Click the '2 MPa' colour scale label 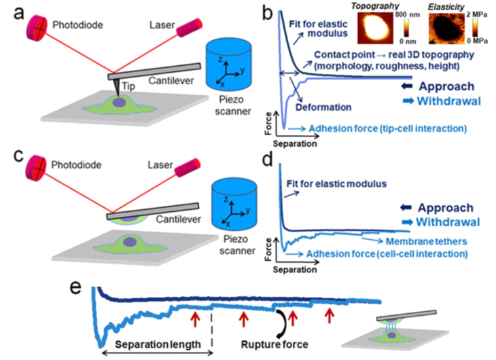coord(476,14)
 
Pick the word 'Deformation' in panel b coord(323,107)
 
